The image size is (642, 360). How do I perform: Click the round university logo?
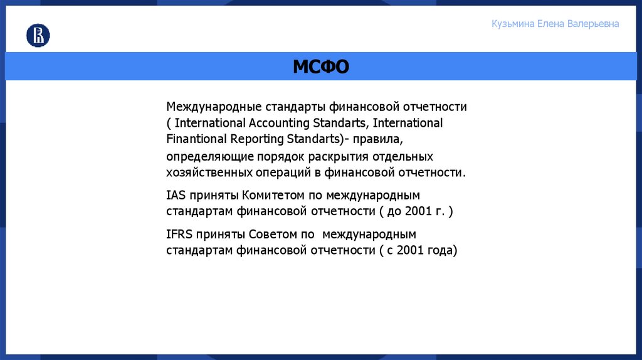38,36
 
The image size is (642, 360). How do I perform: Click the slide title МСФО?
320,66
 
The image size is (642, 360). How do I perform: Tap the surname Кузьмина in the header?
513,24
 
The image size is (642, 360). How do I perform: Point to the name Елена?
551,24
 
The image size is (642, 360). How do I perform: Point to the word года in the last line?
442,251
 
